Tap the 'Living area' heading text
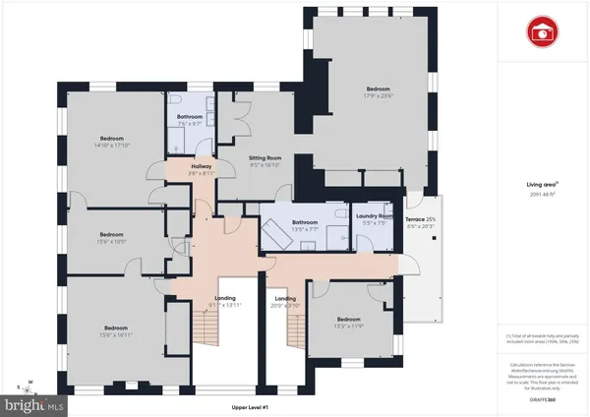click(x=543, y=183)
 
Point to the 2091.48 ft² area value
click(x=543, y=194)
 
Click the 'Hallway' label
click(x=203, y=167)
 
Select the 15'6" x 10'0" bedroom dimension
click(x=112, y=241)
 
